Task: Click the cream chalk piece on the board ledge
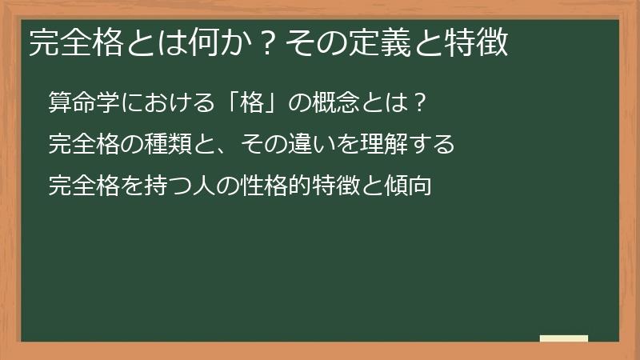(564, 338)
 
